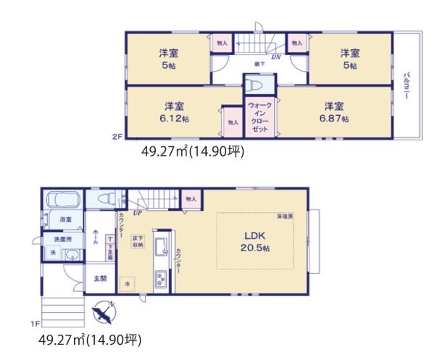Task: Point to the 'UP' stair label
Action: tap(136, 213)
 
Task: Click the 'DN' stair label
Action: tap(276, 56)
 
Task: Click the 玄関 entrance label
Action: tap(99, 279)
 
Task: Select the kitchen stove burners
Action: tap(160, 279)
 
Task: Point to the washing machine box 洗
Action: tap(52, 252)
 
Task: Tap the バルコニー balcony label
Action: tap(407, 85)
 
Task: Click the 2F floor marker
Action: tap(115, 135)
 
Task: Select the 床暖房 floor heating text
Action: tap(284, 216)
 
